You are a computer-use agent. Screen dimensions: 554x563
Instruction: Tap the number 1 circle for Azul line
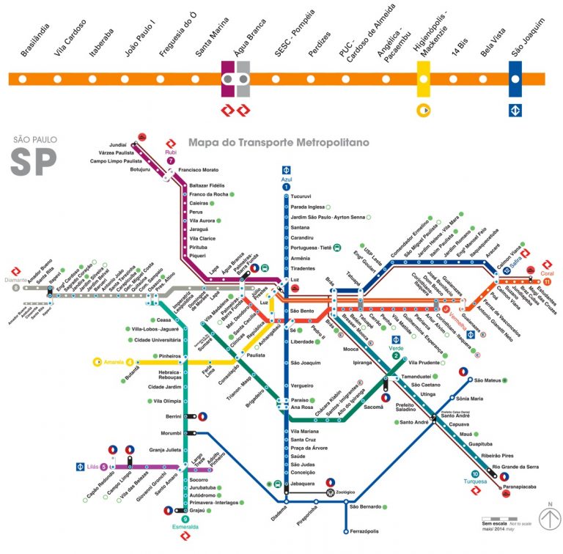[286, 187]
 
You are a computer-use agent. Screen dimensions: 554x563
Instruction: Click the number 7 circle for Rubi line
[171, 160]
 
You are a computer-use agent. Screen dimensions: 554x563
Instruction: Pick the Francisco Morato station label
[199, 169]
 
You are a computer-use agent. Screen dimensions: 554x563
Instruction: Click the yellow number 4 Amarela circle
[130, 361]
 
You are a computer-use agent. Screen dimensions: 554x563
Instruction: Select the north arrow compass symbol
[548, 520]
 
